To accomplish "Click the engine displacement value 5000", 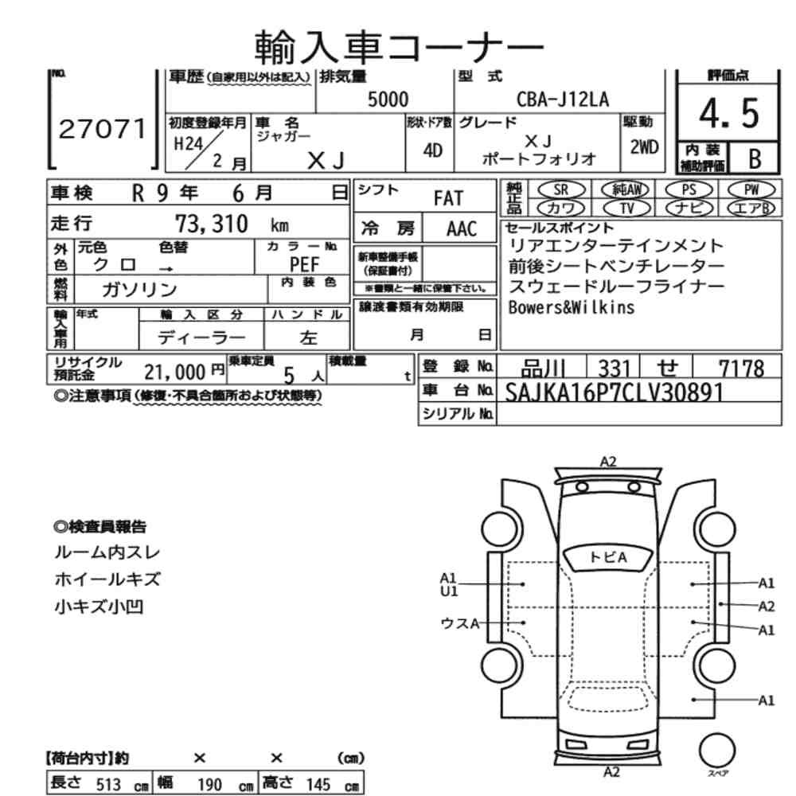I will (388, 99).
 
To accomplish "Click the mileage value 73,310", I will (210, 223).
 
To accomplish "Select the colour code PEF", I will (306, 264).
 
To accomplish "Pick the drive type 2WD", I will (643, 146).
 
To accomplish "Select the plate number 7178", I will (740, 369).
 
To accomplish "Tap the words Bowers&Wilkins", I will (572, 307).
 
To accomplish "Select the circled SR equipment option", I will (560, 189).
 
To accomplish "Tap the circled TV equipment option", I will (626, 208).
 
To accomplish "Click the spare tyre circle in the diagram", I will (716, 750).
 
